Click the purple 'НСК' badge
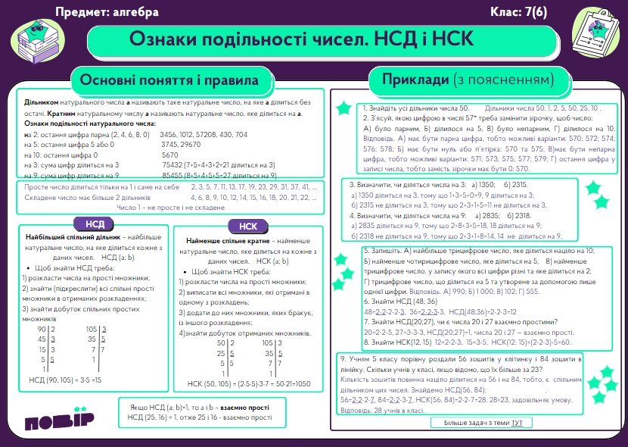coord(247,227)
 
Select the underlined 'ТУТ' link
coord(516,421)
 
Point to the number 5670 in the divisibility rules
coord(170,155)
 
